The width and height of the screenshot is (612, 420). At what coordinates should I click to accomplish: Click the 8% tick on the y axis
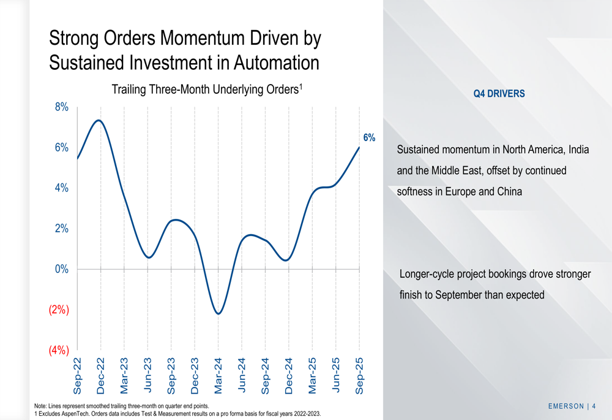point(61,107)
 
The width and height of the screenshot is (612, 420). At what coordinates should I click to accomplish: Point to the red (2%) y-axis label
point(58,310)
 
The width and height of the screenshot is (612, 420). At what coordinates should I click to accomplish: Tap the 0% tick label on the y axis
point(61,269)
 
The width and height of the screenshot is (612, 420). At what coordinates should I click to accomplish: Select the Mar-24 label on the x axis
point(218,375)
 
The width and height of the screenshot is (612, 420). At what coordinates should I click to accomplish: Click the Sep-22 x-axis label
point(77,375)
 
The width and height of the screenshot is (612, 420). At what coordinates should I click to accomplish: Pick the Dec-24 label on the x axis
point(289,375)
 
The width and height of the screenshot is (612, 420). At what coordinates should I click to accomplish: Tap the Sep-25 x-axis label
point(359,375)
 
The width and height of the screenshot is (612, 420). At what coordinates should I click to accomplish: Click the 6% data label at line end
point(369,138)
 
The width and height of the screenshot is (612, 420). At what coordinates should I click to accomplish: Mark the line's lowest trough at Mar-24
point(218,314)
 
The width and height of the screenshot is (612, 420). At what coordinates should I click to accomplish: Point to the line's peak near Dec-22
point(99,120)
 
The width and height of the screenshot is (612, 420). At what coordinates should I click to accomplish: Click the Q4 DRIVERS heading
point(499,94)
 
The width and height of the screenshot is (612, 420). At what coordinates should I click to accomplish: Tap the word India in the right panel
point(578,150)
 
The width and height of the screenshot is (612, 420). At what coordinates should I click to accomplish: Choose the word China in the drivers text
point(509,191)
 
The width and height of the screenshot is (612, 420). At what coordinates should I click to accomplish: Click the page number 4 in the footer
point(594,406)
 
